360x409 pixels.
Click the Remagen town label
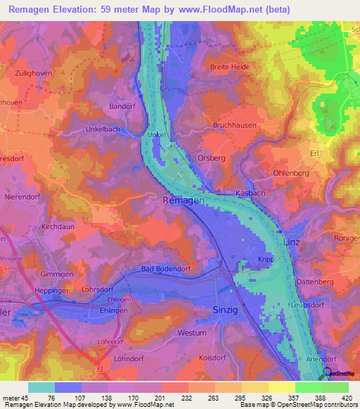(184, 201)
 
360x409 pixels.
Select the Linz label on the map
(291, 242)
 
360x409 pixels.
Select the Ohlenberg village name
(291, 171)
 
